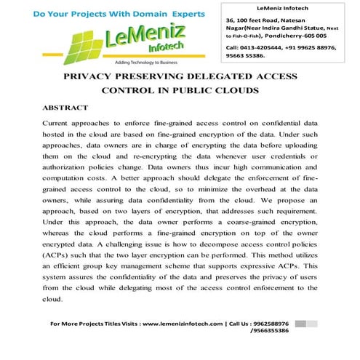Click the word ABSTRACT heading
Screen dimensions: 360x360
(x=65, y=108)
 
